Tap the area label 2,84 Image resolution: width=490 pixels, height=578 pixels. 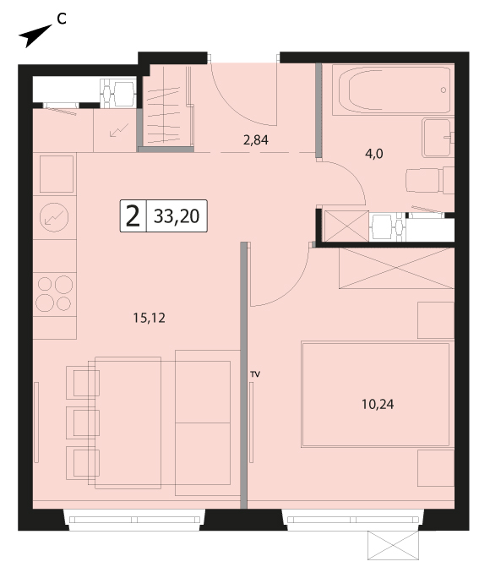pyautogui.click(x=256, y=140)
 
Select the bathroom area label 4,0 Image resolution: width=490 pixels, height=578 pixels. pyautogui.click(x=374, y=154)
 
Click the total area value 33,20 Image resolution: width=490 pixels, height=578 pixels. pyautogui.click(x=177, y=216)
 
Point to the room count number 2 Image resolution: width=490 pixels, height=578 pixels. pyautogui.click(x=133, y=216)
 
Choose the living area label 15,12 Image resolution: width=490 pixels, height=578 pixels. pyautogui.click(x=150, y=318)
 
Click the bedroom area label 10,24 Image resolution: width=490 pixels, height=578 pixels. pyautogui.click(x=378, y=405)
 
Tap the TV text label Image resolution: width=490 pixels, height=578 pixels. pyautogui.click(x=255, y=374)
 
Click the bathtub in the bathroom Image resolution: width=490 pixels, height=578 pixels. pyautogui.click(x=392, y=90)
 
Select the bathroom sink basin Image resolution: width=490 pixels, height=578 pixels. pyautogui.click(x=438, y=138)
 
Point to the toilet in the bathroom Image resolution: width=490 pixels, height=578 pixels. pyautogui.click(x=430, y=180)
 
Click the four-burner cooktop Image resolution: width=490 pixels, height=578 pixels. pyautogui.click(x=55, y=294)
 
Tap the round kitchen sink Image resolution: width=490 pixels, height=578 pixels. pyautogui.click(x=54, y=217)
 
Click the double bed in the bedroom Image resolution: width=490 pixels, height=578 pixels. pyautogui.click(x=375, y=395)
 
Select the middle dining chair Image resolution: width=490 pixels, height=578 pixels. pyautogui.click(x=83, y=423)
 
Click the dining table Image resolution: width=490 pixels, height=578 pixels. pyautogui.click(x=128, y=423)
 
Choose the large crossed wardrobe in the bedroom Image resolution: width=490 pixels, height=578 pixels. pyautogui.click(x=396, y=268)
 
